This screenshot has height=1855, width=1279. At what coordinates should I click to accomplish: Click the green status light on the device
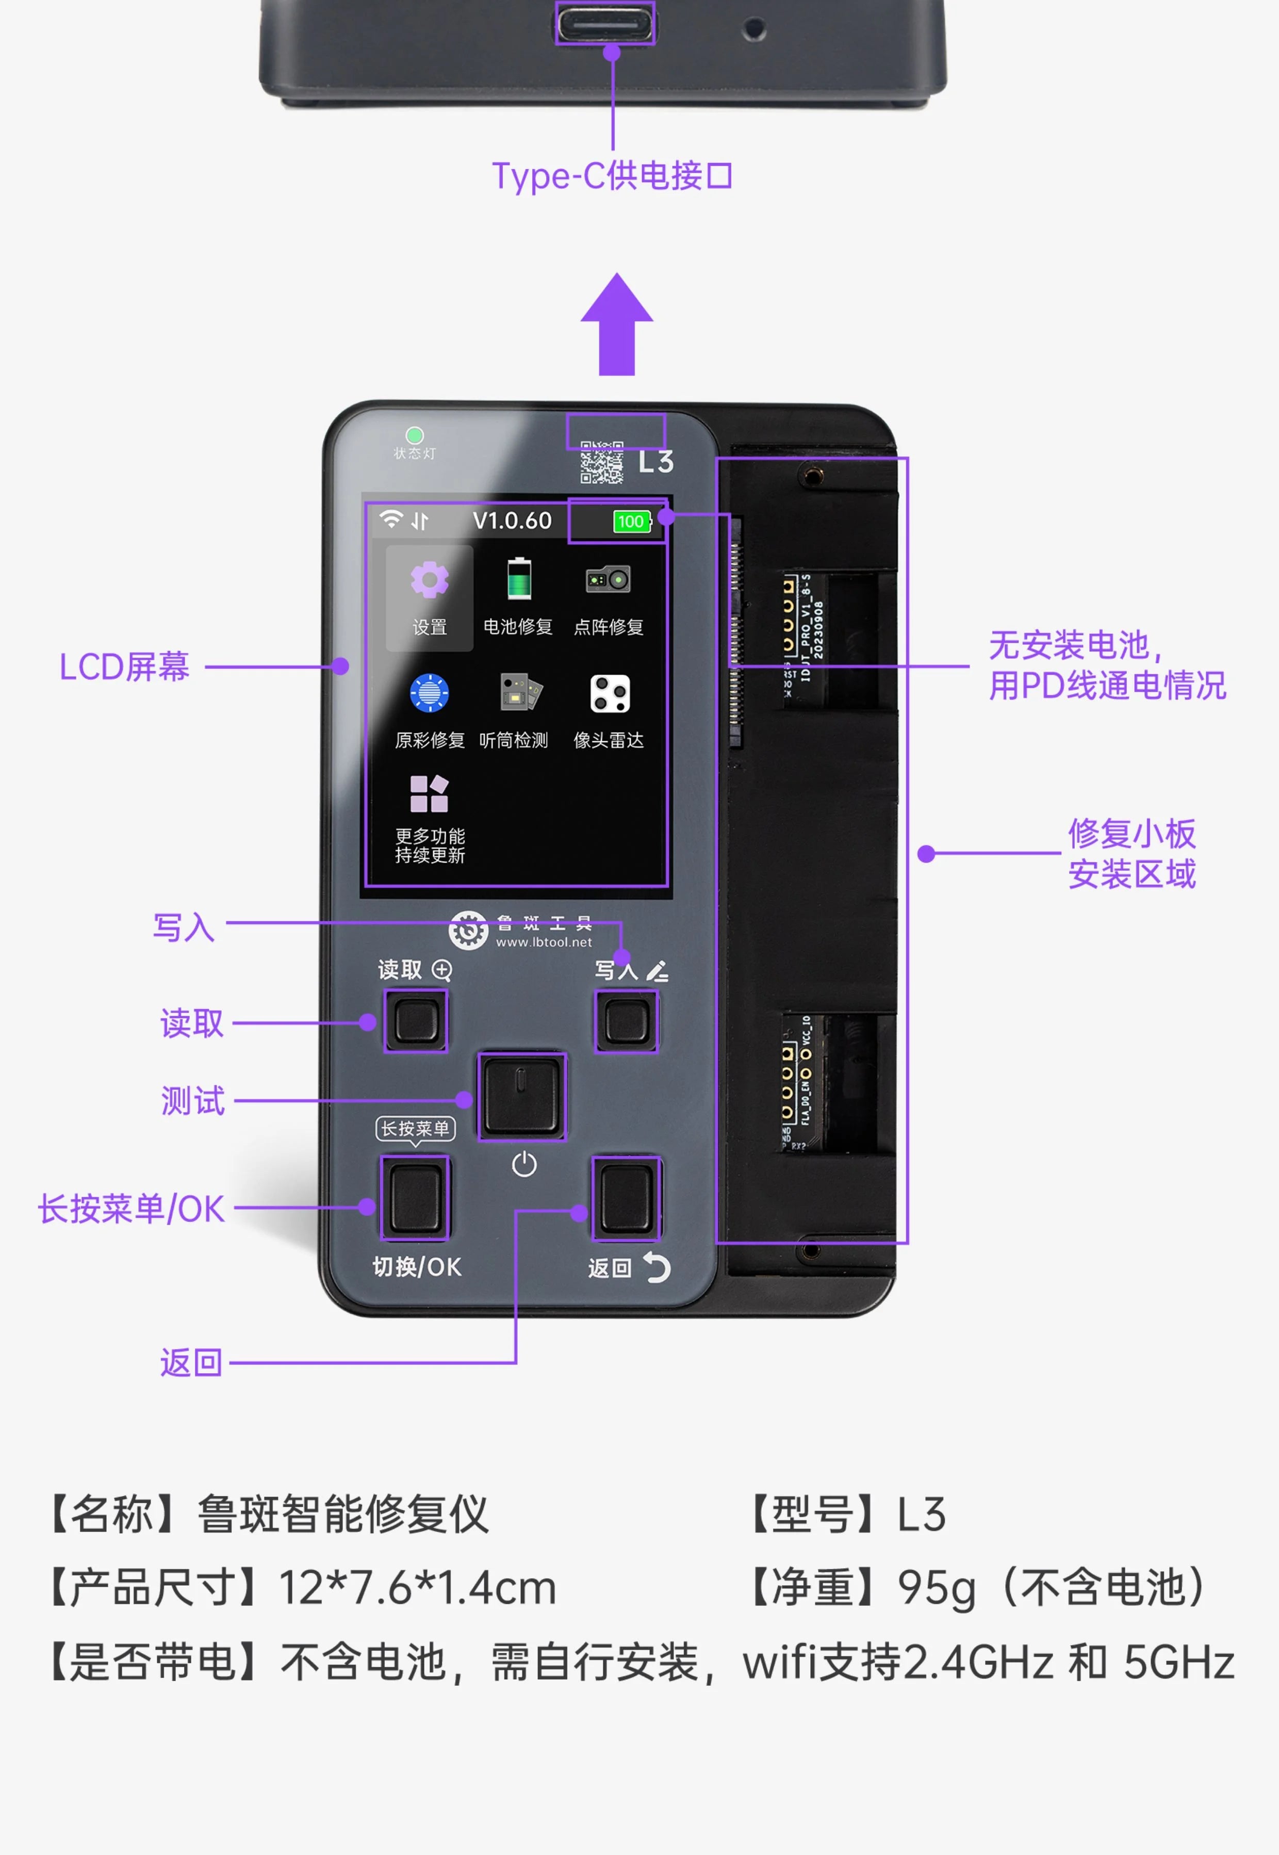(x=414, y=435)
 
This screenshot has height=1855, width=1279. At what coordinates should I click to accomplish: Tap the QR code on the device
(x=602, y=463)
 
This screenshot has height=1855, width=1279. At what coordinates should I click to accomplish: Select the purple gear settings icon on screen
(x=430, y=580)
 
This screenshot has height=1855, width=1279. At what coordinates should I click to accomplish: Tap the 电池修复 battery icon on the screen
(x=518, y=579)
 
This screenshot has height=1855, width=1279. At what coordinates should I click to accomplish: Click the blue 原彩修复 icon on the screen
(x=430, y=693)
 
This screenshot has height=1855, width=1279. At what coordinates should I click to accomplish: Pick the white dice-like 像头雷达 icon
(x=610, y=693)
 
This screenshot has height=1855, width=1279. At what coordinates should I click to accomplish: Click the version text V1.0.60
(x=512, y=521)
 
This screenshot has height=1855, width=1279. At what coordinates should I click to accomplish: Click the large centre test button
(x=522, y=1096)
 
